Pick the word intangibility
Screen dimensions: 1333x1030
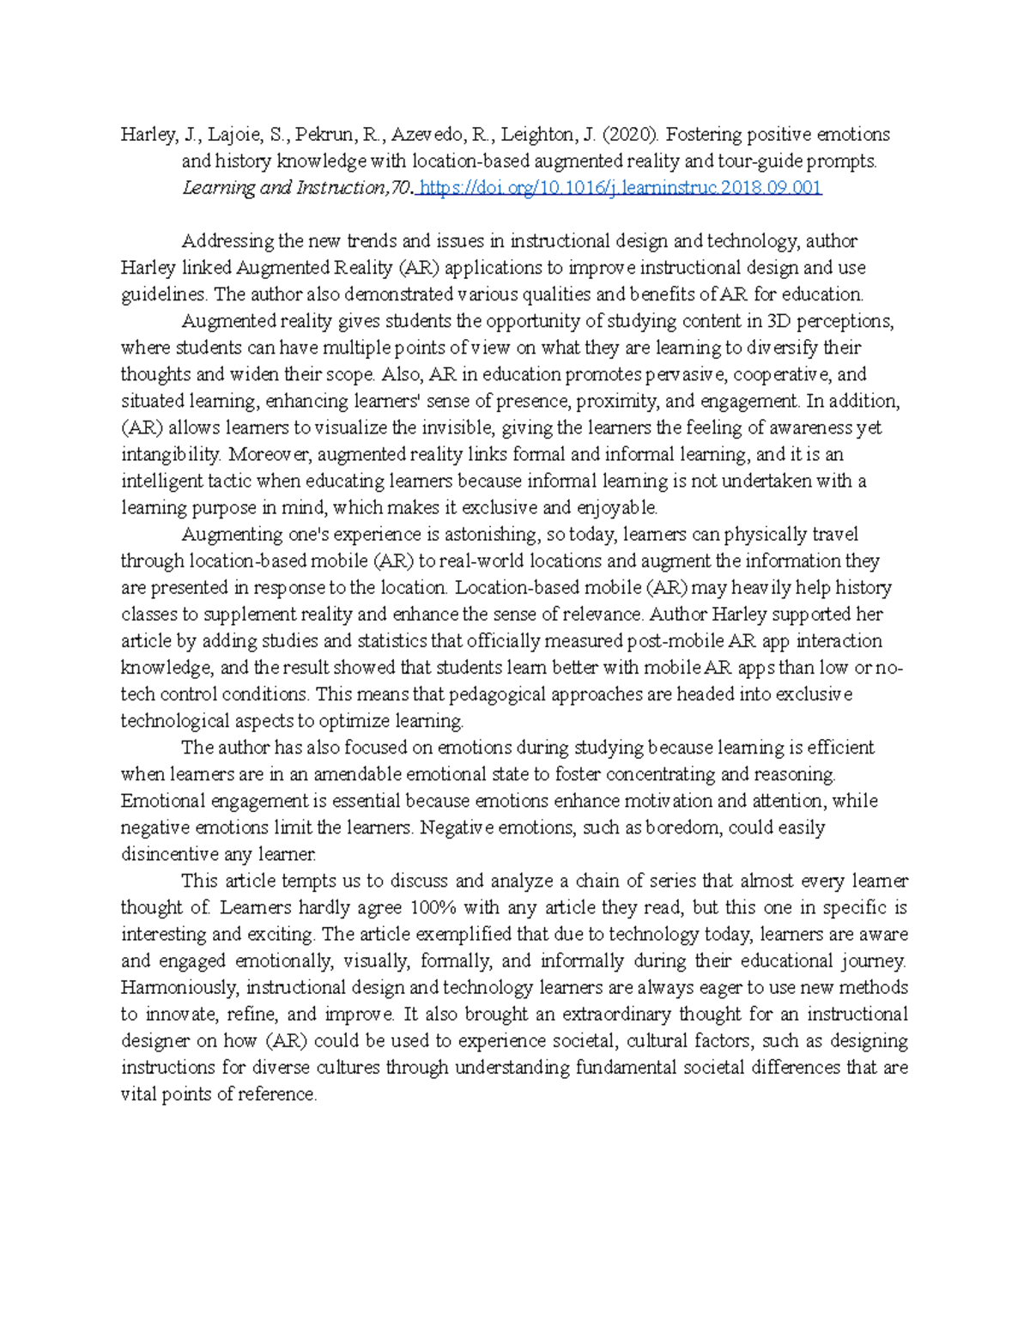tap(169, 454)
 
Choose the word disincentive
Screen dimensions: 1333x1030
tap(170, 854)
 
